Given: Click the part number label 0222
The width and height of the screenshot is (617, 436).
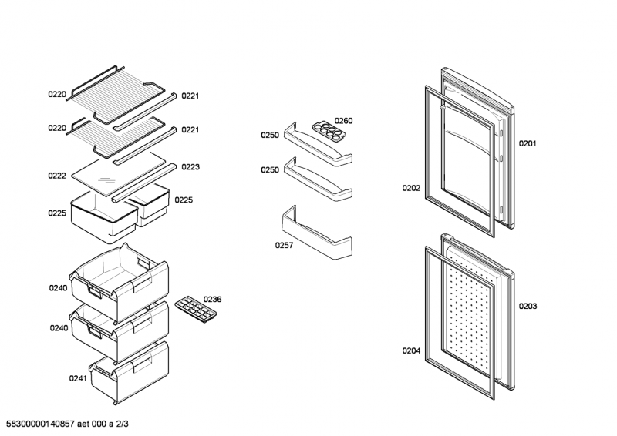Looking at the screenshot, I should [57, 176].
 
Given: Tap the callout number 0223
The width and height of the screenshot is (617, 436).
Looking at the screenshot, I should [190, 166].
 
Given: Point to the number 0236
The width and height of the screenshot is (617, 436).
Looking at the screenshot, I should [212, 300].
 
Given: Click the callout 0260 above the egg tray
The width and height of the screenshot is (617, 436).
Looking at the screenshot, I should [343, 120].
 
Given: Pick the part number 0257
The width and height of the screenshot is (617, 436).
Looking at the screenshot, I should [285, 246].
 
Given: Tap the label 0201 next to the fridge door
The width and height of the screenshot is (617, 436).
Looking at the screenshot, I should [527, 143].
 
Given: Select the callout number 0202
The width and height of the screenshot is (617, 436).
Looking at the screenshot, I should [411, 187].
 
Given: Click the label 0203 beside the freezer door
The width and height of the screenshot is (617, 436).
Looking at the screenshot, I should [528, 306].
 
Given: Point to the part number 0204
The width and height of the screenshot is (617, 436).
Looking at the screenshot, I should [411, 350].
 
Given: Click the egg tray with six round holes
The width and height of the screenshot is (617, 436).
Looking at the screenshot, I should [327, 128].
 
